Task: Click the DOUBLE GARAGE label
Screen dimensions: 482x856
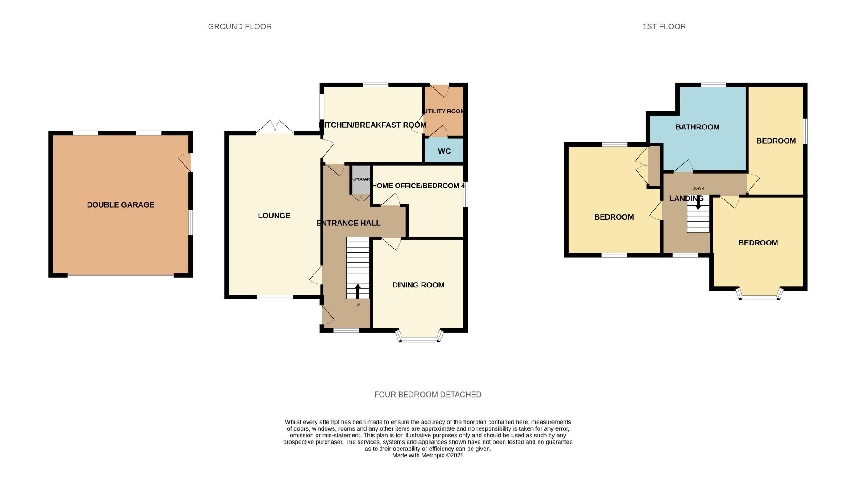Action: (121, 205)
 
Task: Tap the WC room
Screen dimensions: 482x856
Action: (444, 151)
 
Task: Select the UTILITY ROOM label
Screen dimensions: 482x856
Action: (444, 112)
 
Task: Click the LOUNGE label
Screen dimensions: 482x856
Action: (274, 216)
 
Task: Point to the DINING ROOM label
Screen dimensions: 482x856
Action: (418, 285)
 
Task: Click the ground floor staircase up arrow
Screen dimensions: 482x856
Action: (358, 291)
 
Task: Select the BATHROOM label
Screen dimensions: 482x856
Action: (697, 127)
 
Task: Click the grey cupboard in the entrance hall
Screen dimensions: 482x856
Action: (361, 179)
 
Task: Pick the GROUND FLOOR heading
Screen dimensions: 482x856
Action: (240, 27)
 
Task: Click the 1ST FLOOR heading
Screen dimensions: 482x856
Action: (664, 27)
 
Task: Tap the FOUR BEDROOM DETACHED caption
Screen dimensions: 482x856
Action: (427, 395)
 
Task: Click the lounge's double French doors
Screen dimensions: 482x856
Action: (275, 128)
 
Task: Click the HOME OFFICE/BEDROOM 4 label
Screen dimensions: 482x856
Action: (418, 186)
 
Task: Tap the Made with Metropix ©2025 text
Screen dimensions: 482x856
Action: (427, 456)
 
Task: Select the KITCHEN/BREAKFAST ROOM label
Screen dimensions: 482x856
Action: (373, 125)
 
